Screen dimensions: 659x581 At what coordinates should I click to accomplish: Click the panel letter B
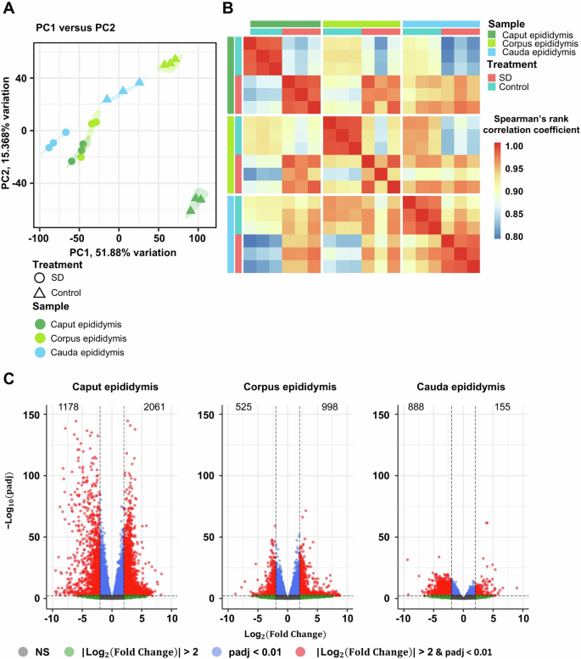[228, 8]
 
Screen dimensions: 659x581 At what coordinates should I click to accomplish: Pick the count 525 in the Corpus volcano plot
[246, 408]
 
